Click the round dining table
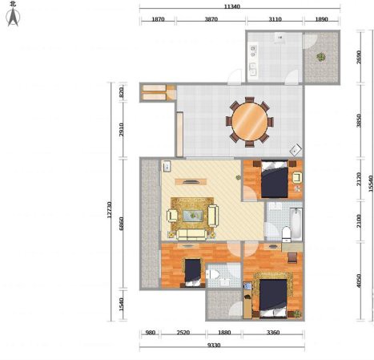pos(250,122)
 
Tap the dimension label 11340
pos(231,6)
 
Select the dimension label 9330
pos(214,346)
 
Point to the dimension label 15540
pos(371,184)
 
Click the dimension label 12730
pos(110,209)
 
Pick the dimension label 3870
pos(211,19)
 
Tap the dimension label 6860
pos(121,224)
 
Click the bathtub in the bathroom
pos(296,224)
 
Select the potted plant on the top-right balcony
pos(321,57)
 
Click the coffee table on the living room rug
pos(193,216)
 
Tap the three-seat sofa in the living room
pos(191,234)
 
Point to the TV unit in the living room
pos(191,182)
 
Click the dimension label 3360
pos(273,333)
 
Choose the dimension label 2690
pos(359,57)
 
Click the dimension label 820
pos(121,92)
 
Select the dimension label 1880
pos(224,333)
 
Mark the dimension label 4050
pos(359,281)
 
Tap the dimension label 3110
pos(275,19)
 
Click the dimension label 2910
pos(121,130)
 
